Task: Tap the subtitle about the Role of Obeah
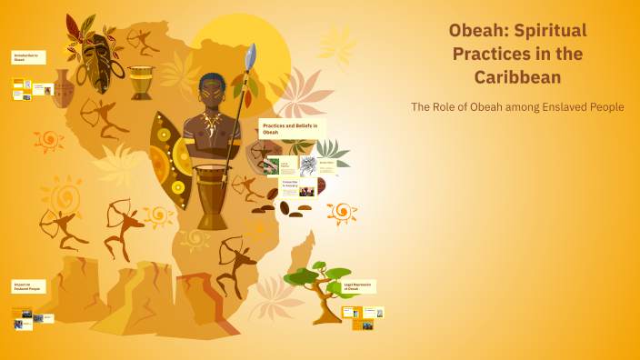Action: (517, 106)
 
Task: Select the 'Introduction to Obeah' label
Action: (26, 57)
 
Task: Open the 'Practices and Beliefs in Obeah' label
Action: (291, 128)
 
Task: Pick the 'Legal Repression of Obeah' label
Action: (358, 286)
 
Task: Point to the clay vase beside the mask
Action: (62, 88)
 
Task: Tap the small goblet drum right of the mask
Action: (141, 82)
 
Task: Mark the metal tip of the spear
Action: (251, 55)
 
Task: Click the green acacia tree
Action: (318, 286)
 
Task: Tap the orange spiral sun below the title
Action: (342, 212)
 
